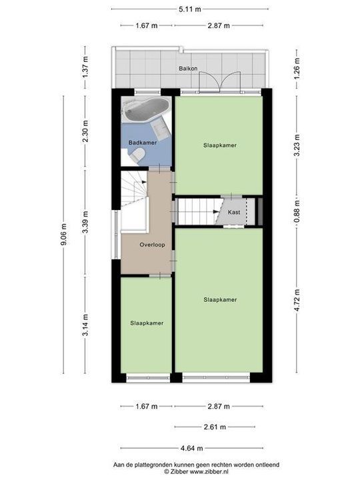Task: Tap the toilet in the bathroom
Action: [139, 155]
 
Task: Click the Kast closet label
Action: [233, 211]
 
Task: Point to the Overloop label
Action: [152, 245]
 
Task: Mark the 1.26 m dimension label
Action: [297, 68]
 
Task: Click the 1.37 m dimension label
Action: [85, 68]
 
